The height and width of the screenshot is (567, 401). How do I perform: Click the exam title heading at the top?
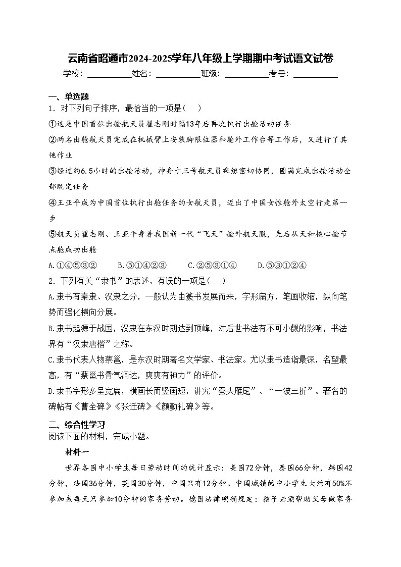(200, 58)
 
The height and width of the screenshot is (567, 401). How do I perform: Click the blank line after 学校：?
(109, 74)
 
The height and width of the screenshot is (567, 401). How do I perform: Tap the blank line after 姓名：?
(178, 74)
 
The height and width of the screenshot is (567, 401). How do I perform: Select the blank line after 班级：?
(246, 74)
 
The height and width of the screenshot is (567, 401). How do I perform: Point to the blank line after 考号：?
(315, 74)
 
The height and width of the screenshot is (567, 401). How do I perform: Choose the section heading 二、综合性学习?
(76, 425)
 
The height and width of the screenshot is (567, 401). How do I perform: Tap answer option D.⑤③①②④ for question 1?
(282, 266)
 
